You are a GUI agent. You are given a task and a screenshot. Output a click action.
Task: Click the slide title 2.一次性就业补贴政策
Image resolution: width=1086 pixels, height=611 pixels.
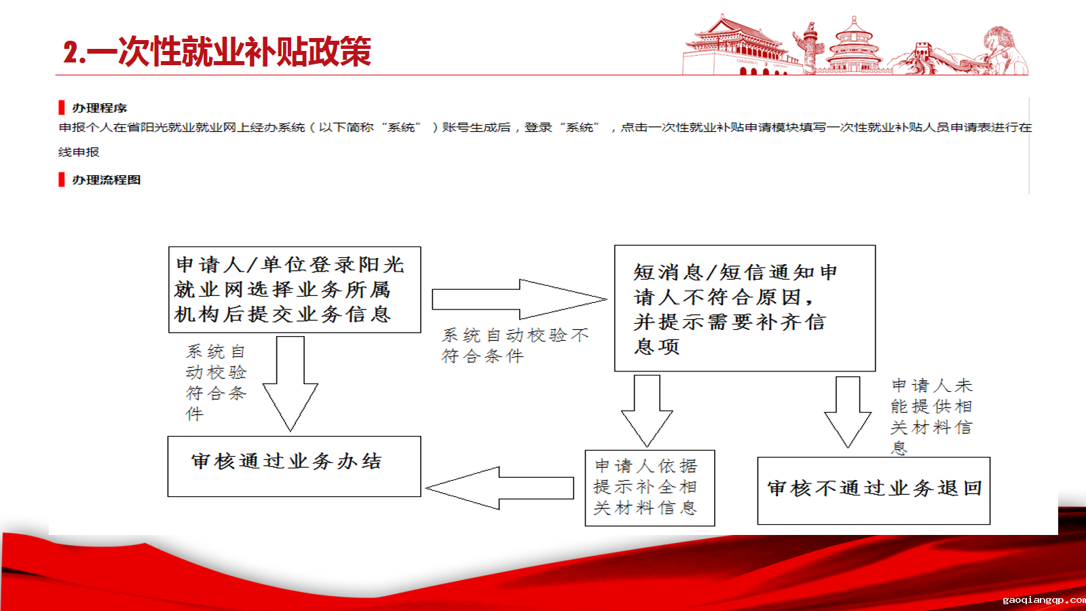point(217,52)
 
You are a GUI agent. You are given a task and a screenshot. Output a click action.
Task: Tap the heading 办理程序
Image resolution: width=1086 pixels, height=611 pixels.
point(99,108)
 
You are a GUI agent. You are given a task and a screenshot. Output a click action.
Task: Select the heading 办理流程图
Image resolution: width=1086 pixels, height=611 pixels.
point(106,180)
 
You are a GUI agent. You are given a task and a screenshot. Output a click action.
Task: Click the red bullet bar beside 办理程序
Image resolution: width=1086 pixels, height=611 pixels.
point(62,108)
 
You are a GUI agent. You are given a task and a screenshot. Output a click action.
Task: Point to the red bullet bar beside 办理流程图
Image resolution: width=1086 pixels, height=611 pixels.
point(62,179)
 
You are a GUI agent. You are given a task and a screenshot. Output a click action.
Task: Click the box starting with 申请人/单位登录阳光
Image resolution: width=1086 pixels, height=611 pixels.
point(295,289)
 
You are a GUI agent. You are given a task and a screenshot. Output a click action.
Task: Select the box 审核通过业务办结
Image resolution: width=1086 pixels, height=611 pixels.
point(295,466)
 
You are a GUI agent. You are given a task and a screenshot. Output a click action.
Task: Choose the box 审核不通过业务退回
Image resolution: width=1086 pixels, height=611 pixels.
point(874,491)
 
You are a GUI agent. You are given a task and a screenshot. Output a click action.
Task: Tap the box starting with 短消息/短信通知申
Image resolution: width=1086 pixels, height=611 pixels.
point(745,308)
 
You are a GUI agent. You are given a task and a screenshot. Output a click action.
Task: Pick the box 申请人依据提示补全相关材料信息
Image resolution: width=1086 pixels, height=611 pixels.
point(650,488)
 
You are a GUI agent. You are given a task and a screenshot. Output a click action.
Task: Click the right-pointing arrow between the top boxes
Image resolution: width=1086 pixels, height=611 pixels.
point(519,299)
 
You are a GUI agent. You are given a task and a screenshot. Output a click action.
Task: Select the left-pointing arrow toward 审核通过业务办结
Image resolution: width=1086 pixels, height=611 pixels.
point(500,488)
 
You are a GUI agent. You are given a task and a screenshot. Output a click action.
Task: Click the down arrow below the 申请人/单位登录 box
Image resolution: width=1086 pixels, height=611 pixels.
point(291,384)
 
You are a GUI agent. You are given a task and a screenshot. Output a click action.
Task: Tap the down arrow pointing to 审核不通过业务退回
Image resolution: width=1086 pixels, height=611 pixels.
point(848,412)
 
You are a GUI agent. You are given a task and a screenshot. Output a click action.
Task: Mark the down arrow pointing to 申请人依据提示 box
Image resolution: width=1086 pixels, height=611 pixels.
point(647,411)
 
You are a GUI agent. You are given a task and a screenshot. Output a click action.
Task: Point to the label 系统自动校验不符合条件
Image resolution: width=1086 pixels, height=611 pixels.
point(515,346)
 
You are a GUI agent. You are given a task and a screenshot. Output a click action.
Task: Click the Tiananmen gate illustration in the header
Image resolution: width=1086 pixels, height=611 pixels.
point(737,45)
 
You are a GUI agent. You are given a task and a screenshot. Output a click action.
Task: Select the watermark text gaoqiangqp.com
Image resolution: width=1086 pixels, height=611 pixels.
point(1044,600)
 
